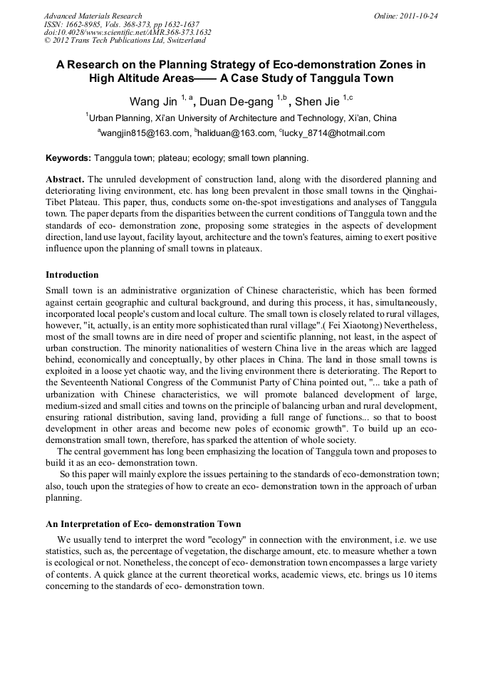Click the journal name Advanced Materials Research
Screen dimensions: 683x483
coord(93,16)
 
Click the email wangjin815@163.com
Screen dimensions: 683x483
coord(145,133)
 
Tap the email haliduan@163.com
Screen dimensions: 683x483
coord(236,133)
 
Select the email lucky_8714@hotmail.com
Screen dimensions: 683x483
coord(334,133)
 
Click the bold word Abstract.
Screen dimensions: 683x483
coord(65,179)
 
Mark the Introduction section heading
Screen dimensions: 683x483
coord(72,275)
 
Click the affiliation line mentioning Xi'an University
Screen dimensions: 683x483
coord(241,118)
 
